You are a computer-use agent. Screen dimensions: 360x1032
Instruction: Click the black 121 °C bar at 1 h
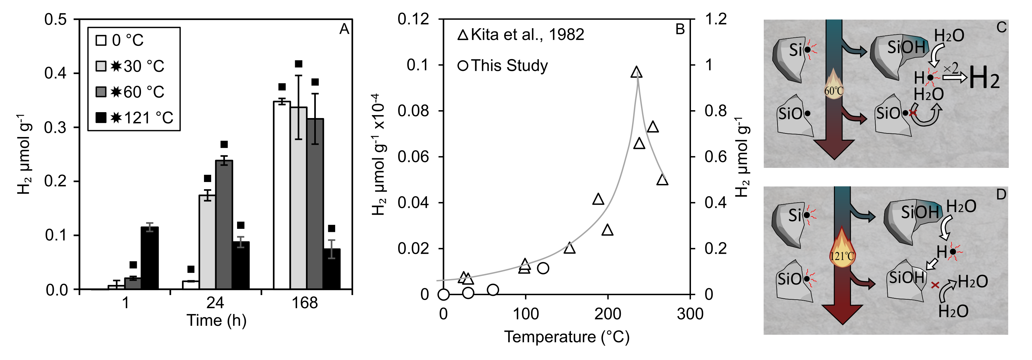(150, 258)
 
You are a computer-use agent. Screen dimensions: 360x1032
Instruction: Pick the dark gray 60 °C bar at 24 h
(224, 224)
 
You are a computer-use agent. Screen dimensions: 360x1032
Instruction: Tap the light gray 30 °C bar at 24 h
(207, 242)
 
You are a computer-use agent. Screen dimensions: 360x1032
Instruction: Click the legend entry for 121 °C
(134, 118)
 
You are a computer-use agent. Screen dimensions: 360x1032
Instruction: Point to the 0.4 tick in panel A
(56, 73)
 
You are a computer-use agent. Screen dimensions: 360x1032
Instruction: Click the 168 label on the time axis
(304, 303)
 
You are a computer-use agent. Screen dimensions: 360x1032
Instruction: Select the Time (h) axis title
(216, 320)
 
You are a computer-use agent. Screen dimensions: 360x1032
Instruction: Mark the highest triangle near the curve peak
(636, 72)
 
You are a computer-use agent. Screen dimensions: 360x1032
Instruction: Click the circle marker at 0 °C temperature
(443, 295)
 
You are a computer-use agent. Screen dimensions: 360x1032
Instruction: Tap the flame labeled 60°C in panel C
(834, 87)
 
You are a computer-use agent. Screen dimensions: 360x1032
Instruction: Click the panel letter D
(1001, 195)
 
